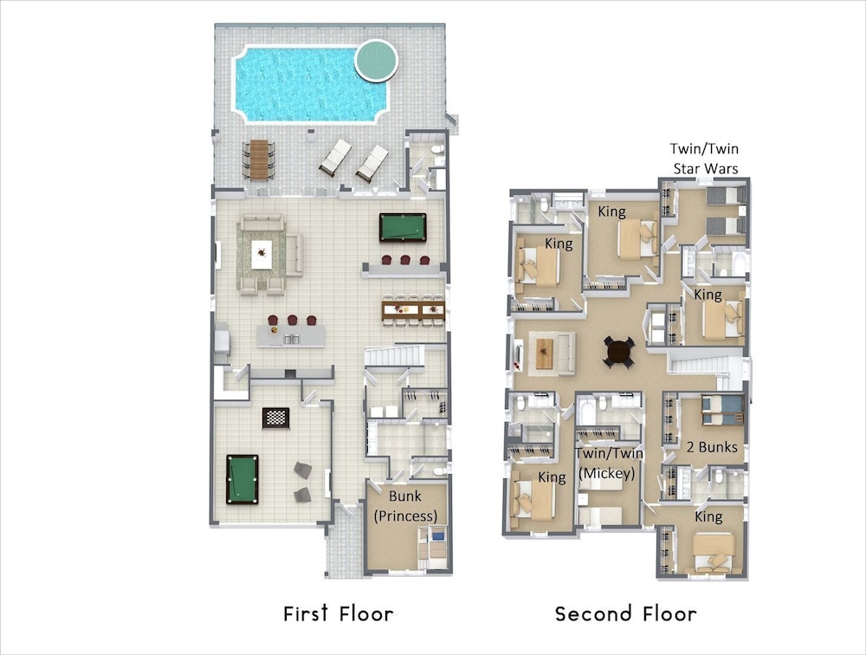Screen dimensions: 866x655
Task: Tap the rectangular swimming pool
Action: (x=310, y=83)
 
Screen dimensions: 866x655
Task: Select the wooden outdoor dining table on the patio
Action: (x=258, y=159)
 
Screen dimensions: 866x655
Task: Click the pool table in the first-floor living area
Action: (x=403, y=227)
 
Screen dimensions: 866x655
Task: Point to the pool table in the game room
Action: (x=242, y=479)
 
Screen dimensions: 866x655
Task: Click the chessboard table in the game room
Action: (x=275, y=418)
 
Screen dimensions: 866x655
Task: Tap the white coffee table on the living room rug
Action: (x=262, y=255)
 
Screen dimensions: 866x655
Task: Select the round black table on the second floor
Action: (x=618, y=352)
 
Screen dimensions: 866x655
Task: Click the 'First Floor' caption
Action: (x=338, y=613)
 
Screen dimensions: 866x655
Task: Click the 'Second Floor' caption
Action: (x=626, y=613)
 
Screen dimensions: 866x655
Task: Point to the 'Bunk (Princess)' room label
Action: (x=405, y=506)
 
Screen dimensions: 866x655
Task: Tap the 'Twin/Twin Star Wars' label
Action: (x=705, y=159)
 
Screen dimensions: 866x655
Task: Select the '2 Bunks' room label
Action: (x=712, y=447)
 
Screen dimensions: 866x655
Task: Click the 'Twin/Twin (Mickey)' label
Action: (x=609, y=464)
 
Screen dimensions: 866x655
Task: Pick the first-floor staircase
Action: (x=394, y=355)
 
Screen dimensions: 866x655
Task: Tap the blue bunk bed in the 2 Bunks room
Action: (x=722, y=411)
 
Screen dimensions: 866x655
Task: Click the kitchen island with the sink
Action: (x=290, y=336)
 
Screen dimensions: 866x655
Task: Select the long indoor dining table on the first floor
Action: (x=413, y=309)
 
